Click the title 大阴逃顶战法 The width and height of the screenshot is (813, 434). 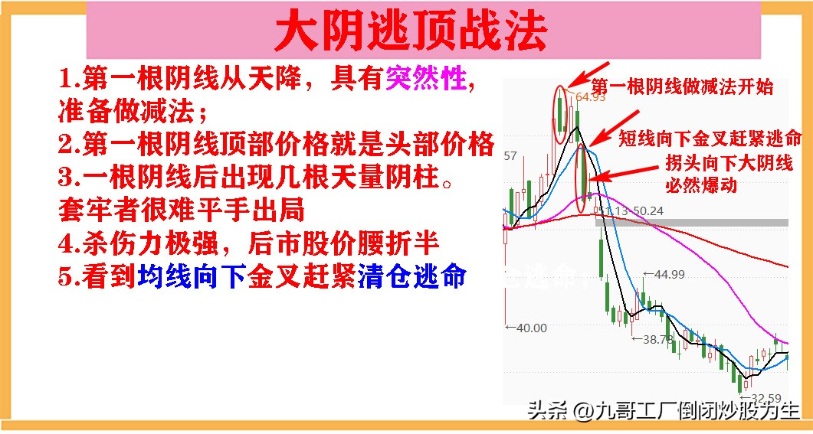click(x=411, y=31)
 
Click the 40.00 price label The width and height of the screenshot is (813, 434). click(x=527, y=328)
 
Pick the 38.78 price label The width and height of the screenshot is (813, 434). click(x=657, y=339)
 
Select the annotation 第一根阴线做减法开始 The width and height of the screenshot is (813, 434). click(x=683, y=86)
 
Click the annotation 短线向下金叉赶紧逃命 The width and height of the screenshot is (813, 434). click(x=710, y=139)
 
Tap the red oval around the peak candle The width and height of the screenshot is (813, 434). click(x=562, y=113)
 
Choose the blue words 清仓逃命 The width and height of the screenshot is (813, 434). click(x=410, y=276)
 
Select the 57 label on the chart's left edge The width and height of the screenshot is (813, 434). click(x=510, y=156)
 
